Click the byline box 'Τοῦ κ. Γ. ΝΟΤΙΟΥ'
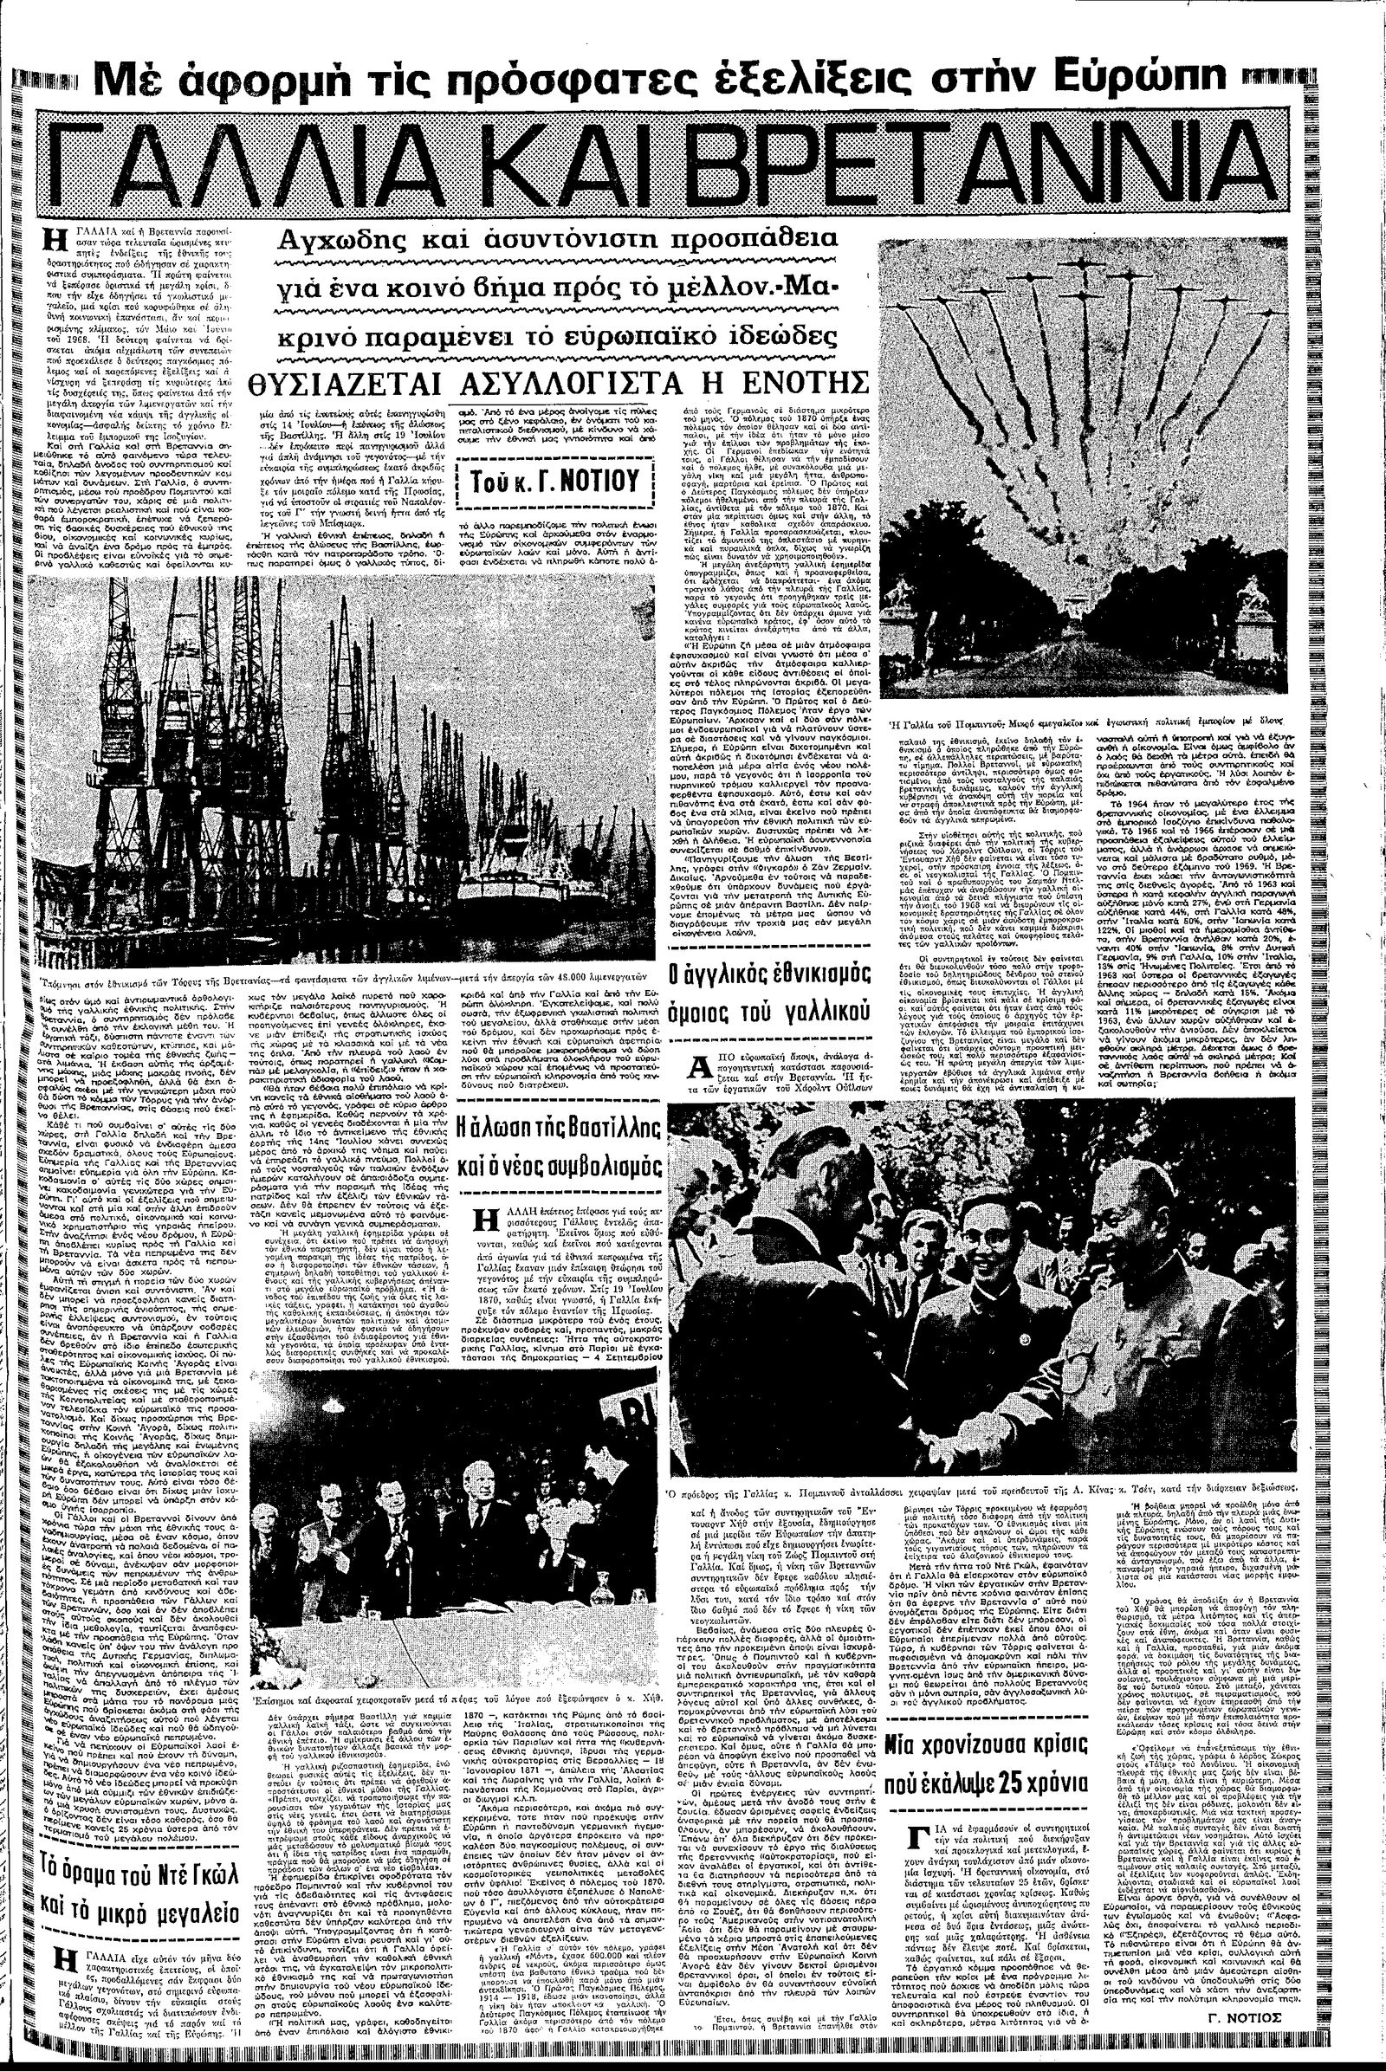click(x=557, y=482)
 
